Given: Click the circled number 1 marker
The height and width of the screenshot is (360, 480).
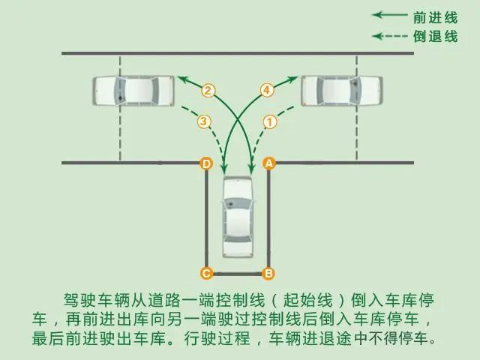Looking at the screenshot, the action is [270, 122].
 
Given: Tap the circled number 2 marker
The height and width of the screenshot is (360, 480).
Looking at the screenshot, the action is [208, 91].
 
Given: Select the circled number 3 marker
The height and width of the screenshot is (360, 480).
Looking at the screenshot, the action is [204, 121].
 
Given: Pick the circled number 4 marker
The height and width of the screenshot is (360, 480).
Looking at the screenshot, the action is [267, 90].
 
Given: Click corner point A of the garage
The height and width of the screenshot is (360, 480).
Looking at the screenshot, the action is [268, 163].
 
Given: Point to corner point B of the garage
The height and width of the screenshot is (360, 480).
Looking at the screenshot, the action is [268, 273].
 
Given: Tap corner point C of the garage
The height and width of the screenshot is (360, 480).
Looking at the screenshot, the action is [206, 273].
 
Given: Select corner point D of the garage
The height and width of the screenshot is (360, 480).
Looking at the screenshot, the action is [206, 163].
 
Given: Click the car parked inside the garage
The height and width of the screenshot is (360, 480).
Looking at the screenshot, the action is [238, 217].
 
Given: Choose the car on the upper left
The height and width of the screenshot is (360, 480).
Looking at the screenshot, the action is [133, 91].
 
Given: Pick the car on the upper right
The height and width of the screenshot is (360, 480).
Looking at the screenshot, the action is [342, 91].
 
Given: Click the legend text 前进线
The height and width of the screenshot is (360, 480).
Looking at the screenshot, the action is [435, 17].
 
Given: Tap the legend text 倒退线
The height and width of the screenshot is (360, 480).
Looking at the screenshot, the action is [435, 37].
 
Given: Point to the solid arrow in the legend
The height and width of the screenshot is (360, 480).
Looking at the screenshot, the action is [390, 15].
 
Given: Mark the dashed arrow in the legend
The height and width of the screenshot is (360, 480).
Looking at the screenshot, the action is [390, 36].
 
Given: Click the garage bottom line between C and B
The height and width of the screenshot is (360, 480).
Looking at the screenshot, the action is [238, 274].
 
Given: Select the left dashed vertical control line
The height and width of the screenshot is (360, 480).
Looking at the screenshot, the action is [120, 108].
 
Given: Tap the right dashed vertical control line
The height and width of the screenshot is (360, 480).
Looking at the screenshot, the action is [357, 108].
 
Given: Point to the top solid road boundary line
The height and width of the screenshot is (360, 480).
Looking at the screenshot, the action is [238, 53].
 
